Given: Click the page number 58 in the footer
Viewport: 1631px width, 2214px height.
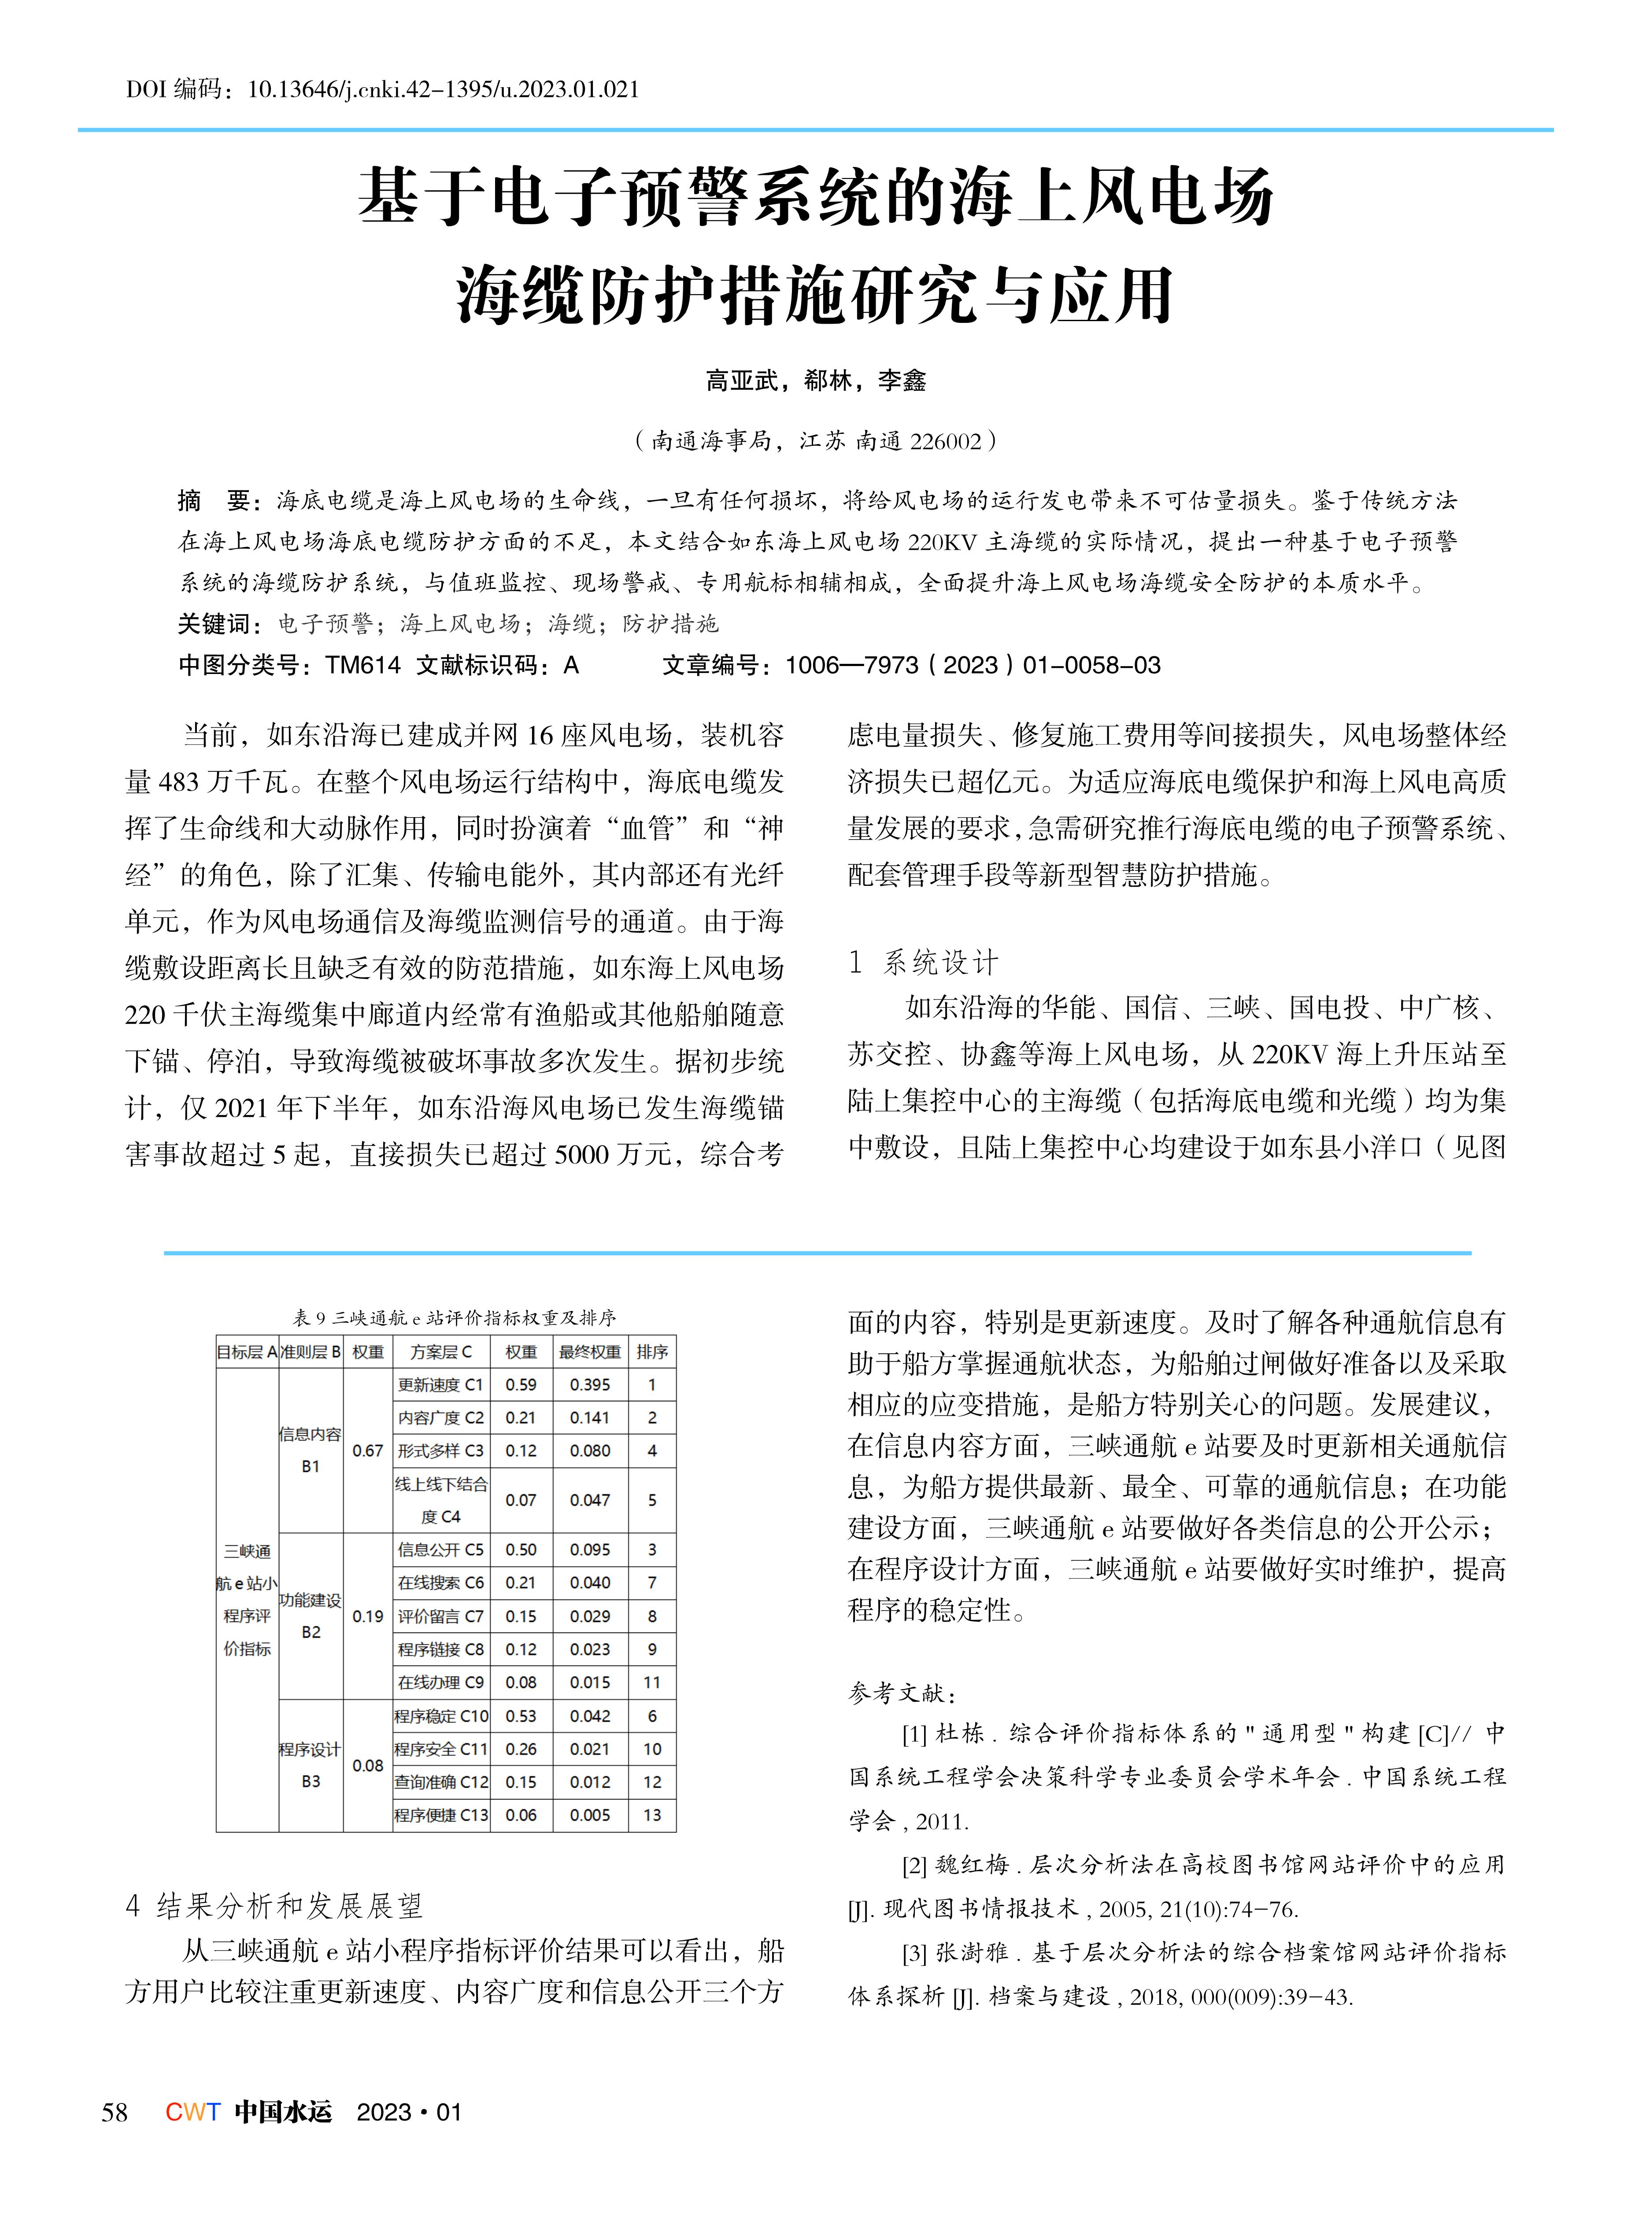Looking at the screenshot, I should [115, 2112].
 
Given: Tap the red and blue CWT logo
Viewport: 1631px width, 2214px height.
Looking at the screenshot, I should [192, 2112].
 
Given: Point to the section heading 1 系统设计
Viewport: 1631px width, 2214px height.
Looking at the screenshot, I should [923, 963].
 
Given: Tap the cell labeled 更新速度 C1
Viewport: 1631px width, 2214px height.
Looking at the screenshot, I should [440, 1385].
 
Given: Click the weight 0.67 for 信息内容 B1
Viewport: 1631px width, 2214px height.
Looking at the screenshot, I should [367, 1451].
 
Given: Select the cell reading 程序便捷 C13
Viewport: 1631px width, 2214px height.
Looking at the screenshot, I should [440, 1815].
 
